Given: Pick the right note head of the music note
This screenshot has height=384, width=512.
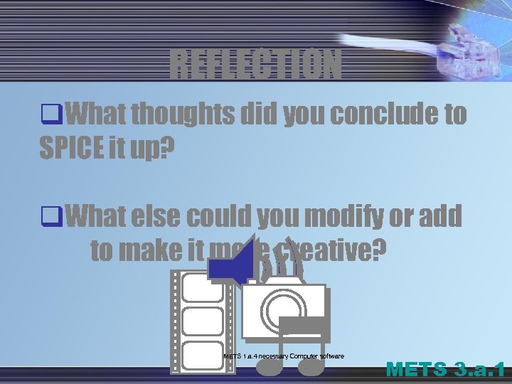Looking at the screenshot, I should (311, 366).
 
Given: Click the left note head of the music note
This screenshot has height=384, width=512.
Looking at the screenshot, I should (268, 366).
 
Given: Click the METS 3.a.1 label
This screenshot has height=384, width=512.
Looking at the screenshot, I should (446, 370).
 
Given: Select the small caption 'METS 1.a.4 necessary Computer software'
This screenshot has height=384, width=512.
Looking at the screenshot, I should (283, 356).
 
